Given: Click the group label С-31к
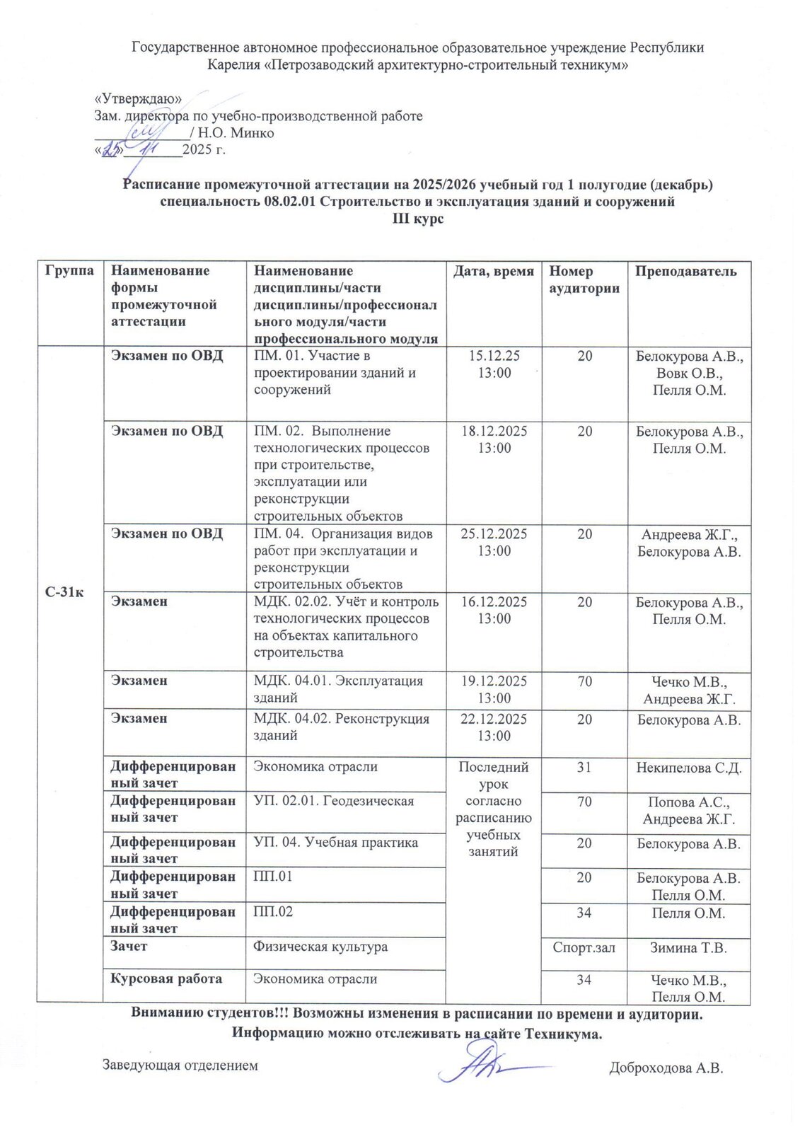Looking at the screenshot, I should click(x=64, y=592).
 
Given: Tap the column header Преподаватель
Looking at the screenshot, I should click(x=685, y=271).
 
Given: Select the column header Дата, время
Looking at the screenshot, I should click(x=493, y=271).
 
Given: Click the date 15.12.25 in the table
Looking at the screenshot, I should click(x=494, y=356).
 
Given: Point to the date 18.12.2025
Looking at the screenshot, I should click(x=494, y=431).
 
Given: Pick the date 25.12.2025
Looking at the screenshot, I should click(x=494, y=534).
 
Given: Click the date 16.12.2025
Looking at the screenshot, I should click(x=494, y=602).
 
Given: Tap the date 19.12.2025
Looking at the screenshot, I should click(x=494, y=681).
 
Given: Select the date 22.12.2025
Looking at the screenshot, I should click(x=494, y=720).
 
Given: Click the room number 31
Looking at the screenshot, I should click(x=584, y=768).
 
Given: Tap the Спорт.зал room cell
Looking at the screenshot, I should click(x=584, y=948).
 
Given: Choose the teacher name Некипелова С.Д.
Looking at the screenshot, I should click(x=688, y=768).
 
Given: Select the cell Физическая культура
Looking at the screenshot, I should click(x=320, y=947).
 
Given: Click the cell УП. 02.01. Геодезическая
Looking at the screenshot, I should click(x=334, y=801).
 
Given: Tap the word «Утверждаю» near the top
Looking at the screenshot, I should click(x=139, y=99).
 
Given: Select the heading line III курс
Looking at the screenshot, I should click(x=418, y=219).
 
